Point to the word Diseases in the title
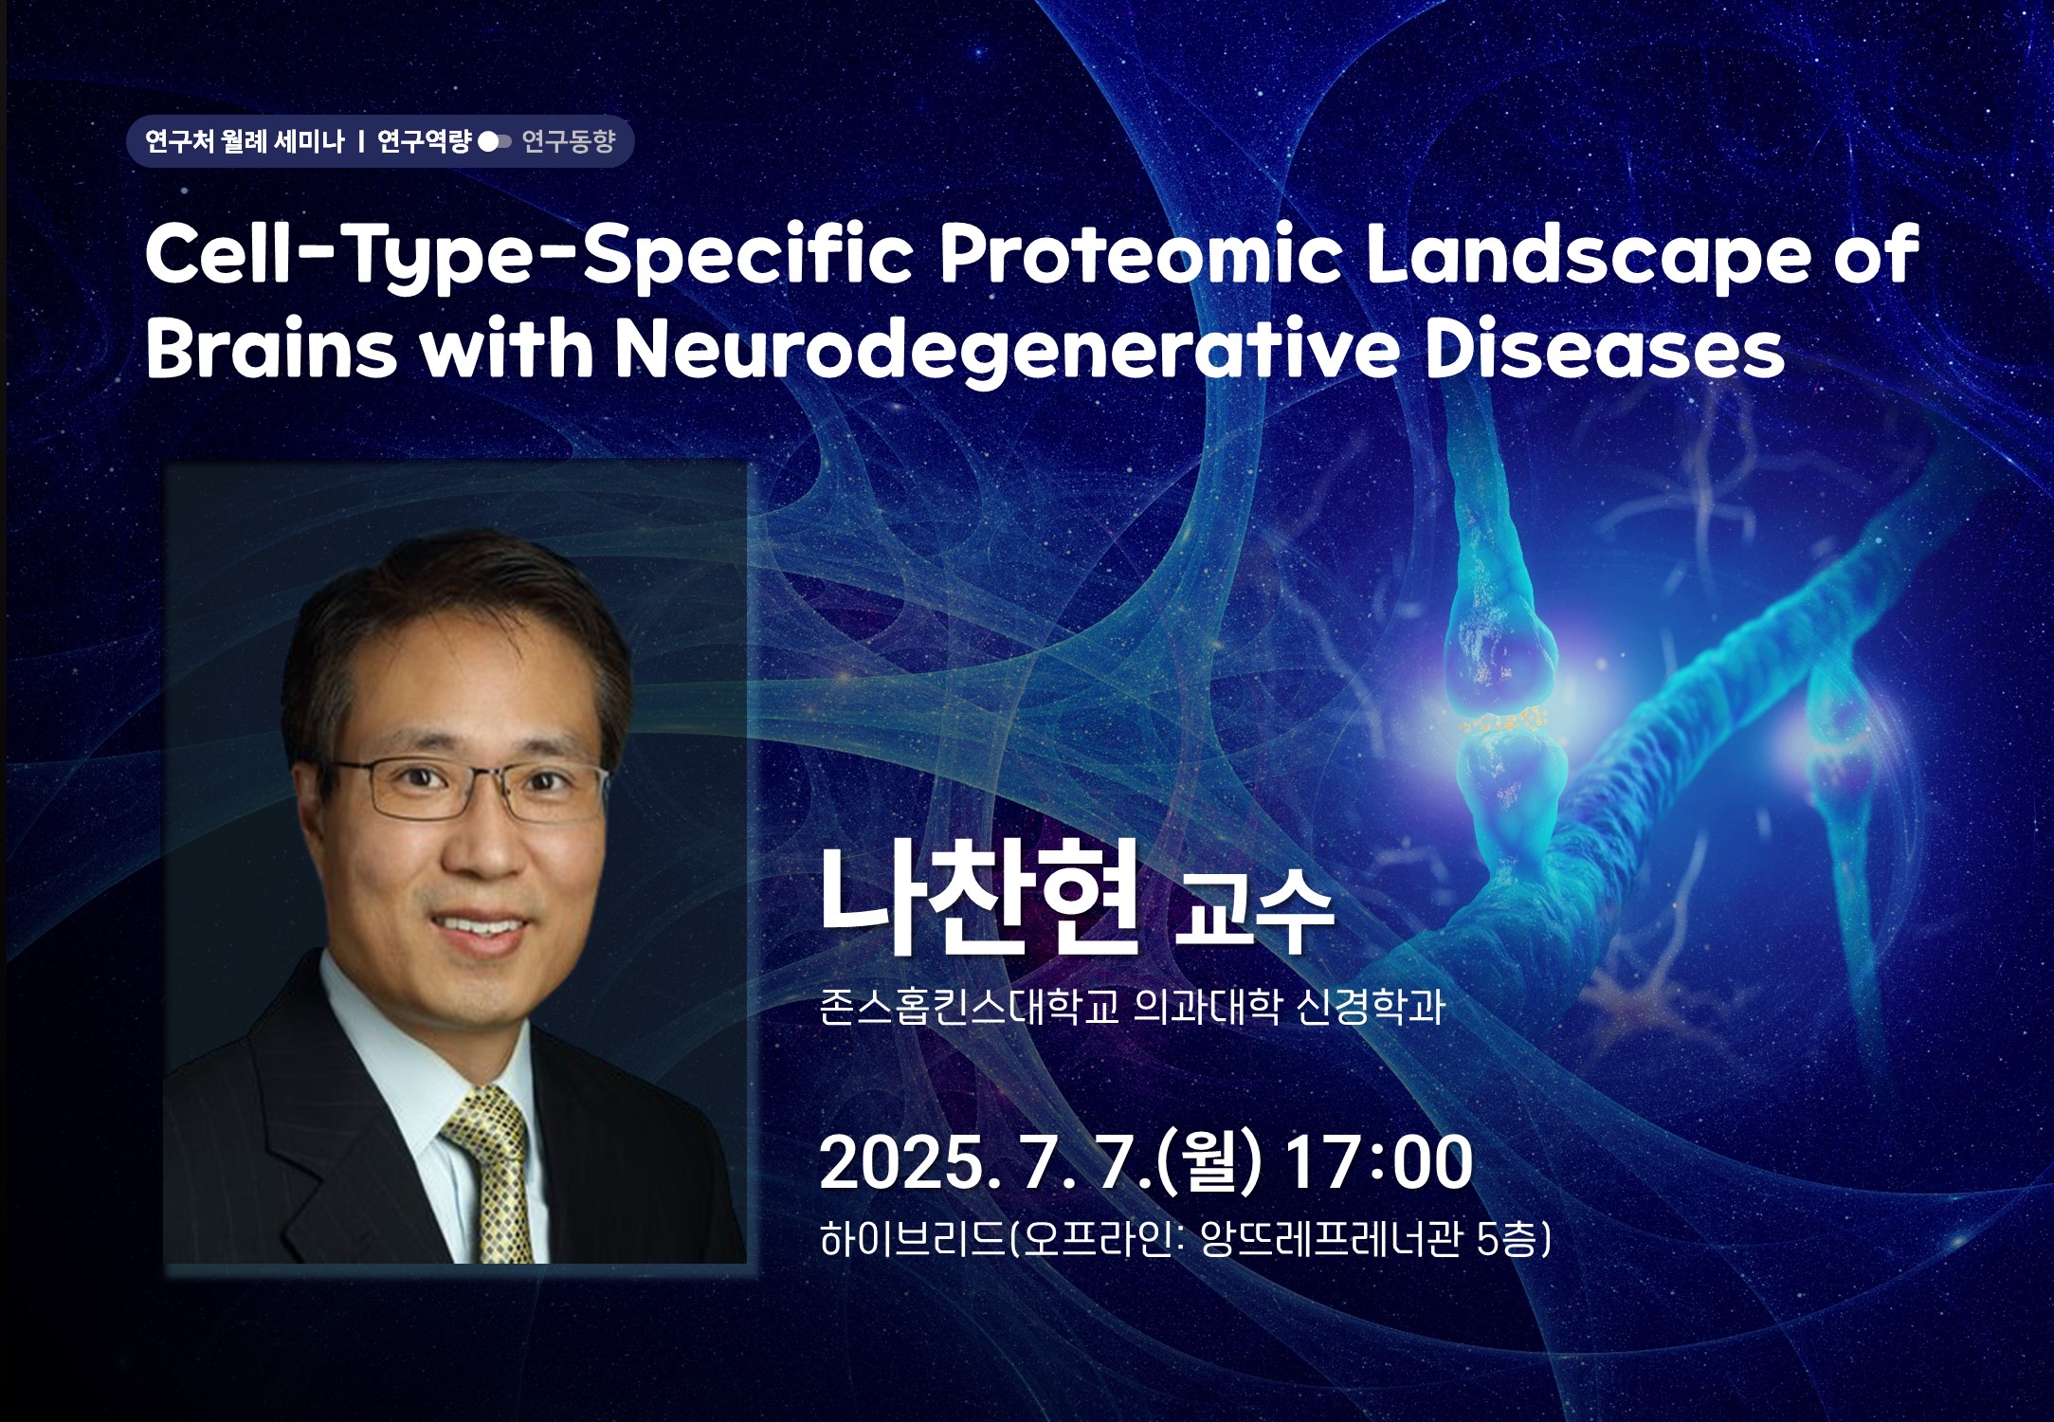point(1604,349)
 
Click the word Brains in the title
point(271,349)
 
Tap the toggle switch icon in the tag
point(495,142)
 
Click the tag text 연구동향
point(568,142)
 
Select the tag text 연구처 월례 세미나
point(245,142)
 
